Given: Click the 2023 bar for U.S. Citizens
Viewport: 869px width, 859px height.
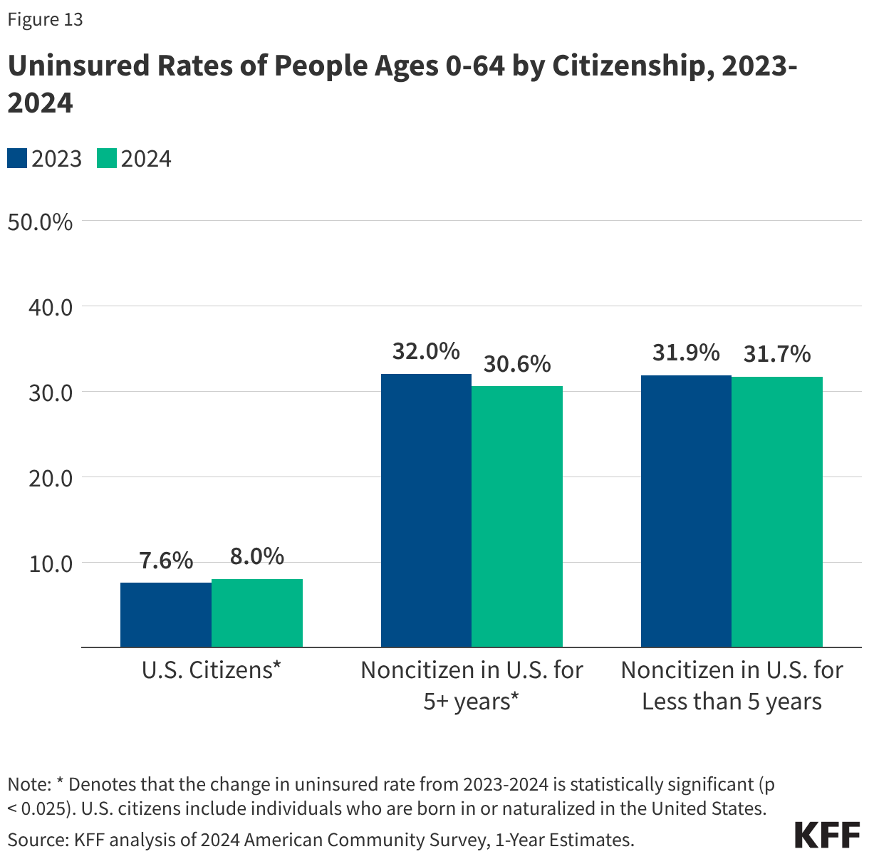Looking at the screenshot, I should point(166,615).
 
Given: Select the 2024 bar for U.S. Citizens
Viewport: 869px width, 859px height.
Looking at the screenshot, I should point(257,613).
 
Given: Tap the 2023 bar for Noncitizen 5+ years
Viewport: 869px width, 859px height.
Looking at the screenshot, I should point(426,510).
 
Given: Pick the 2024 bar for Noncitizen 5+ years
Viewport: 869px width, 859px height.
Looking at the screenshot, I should point(517,516).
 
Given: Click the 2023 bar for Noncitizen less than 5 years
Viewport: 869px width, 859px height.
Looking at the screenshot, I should point(686,511).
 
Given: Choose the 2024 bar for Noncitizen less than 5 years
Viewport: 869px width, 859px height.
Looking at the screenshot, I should point(777,511).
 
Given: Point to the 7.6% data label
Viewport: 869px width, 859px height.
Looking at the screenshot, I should point(166,561).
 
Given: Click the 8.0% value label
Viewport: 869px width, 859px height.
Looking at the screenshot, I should point(257,556).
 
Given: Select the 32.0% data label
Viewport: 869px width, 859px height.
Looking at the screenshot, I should point(426,351).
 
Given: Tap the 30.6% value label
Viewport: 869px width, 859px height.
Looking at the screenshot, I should point(517,364).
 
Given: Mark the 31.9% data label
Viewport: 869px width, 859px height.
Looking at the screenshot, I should point(686,353).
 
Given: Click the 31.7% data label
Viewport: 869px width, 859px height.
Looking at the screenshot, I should point(777,354).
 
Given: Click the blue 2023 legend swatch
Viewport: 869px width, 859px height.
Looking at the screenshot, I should point(17,158).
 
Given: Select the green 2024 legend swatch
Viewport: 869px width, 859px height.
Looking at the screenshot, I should point(107,158).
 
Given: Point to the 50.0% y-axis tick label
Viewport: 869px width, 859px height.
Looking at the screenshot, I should point(41,222).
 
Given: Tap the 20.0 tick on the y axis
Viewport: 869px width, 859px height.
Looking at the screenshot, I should point(51,478).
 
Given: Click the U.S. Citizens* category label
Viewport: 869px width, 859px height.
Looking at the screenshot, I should point(212,670).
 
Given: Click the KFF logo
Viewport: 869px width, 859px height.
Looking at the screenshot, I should point(827,835).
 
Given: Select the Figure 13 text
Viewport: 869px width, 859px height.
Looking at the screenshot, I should point(45,20).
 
